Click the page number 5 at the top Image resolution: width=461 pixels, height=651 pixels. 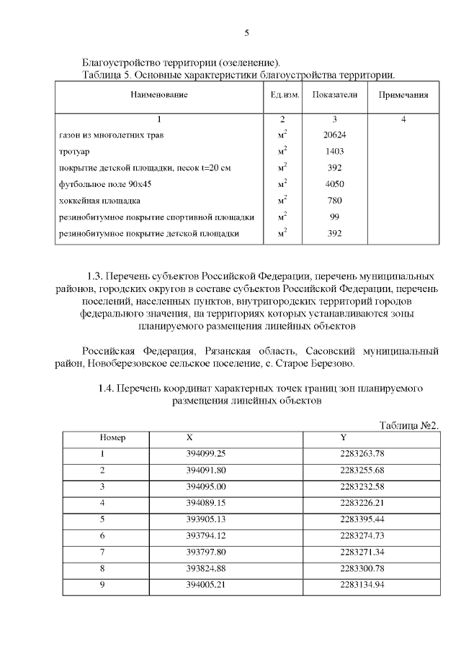click(247, 33)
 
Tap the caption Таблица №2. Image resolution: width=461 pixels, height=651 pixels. click(408, 426)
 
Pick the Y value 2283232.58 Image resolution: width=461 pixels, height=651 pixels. click(362, 486)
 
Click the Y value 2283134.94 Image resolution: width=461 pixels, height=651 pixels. click(362, 585)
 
